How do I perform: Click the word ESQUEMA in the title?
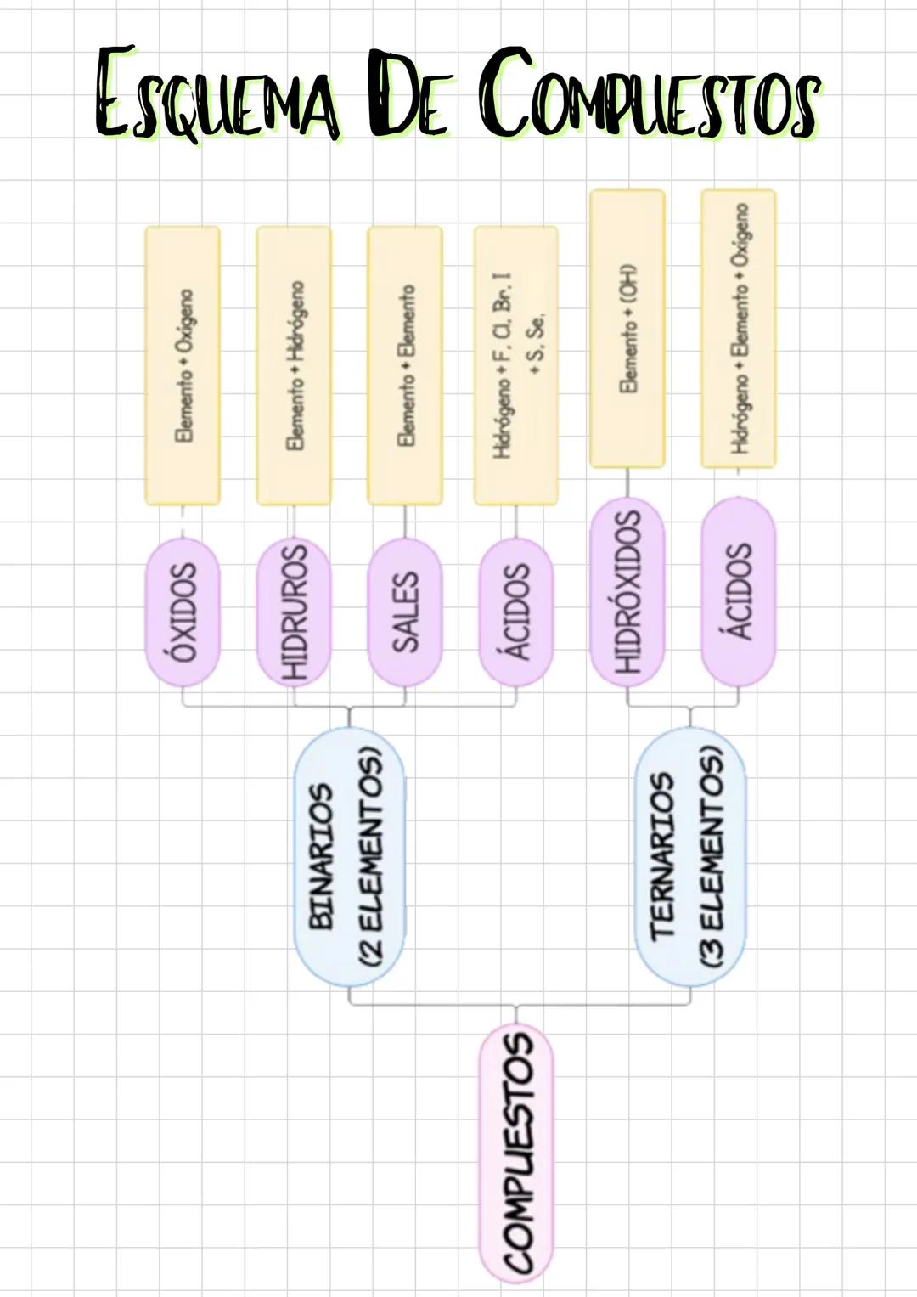click(x=217, y=95)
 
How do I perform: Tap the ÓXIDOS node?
click(x=183, y=612)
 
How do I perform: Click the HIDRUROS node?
click(x=294, y=612)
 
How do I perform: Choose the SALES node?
click(x=404, y=612)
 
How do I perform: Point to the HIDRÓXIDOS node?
click(x=627, y=591)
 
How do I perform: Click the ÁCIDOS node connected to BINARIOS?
click(x=515, y=612)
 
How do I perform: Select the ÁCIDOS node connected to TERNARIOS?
click(x=738, y=591)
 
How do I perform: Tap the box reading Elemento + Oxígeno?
click(x=183, y=365)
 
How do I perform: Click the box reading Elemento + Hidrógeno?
click(x=294, y=365)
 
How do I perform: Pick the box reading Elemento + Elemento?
click(x=404, y=365)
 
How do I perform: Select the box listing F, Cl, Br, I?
click(x=515, y=365)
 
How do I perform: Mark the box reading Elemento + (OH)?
click(x=627, y=328)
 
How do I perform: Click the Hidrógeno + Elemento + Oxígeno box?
click(x=738, y=328)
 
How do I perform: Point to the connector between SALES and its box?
click(x=404, y=522)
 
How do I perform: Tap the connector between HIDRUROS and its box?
click(x=294, y=522)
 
